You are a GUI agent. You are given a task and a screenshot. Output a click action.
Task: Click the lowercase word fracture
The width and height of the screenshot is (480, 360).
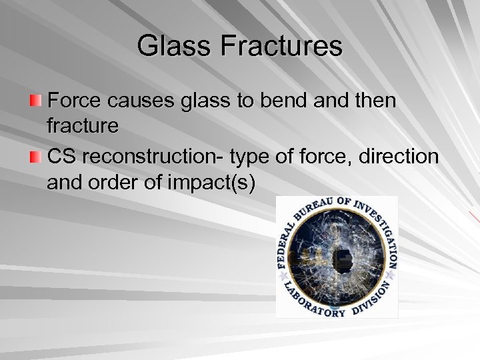tap(83, 126)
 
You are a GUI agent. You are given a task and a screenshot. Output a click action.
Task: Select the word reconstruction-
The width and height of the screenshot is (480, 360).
tap(153, 158)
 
